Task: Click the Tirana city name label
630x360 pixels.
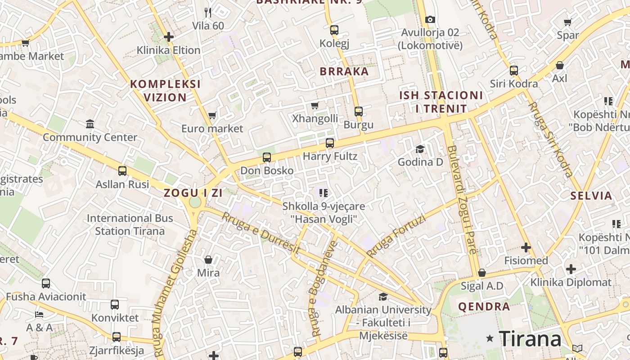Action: [x=530, y=338]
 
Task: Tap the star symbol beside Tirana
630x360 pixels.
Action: [x=490, y=338]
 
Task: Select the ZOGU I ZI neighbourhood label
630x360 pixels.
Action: [x=193, y=193]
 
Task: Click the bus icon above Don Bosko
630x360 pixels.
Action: [x=267, y=157]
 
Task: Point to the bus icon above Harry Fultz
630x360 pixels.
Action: [x=330, y=143]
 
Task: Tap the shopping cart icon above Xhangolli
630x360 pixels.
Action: [x=315, y=105]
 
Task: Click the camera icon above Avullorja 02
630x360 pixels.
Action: [x=430, y=19]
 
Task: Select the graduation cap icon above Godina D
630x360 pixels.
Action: [x=420, y=149]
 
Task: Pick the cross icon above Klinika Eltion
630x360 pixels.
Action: [x=169, y=37]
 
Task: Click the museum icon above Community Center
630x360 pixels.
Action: [x=90, y=124]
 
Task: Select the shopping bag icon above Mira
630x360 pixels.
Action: [x=208, y=260]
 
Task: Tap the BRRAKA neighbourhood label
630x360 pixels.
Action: [x=344, y=71]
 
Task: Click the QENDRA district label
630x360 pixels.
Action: [x=484, y=307]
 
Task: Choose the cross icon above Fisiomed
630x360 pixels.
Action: [x=526, y=247]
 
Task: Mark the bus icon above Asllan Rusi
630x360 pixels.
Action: [x=122, y=171]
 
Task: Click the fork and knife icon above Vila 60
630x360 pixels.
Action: [x=207, y=12]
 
